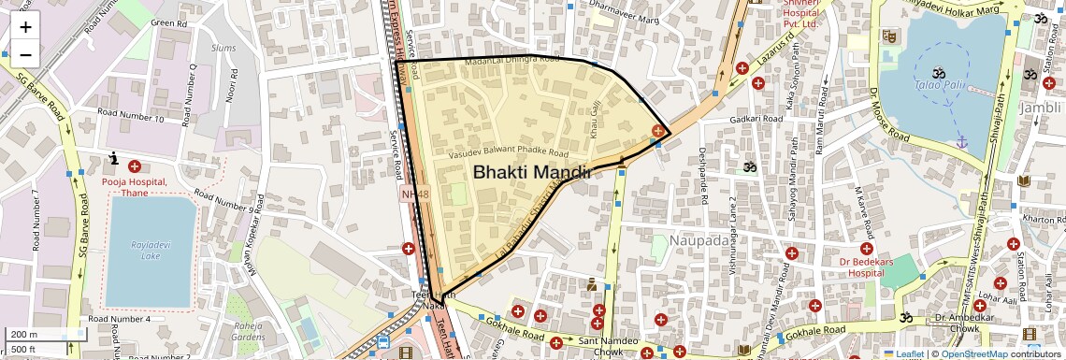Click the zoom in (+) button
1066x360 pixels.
tap(25, 27)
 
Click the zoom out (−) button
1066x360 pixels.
tap(25, 54)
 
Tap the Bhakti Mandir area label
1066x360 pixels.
tap(531, 172)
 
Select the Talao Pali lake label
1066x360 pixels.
tap(940, 85)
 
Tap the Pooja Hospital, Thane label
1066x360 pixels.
tap(135, 187)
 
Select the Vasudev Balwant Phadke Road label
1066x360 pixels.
tap(509, 152)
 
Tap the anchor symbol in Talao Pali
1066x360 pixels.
tap(960, 141)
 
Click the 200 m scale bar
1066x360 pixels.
tap(34, 335)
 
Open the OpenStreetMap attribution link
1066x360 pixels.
tap(973, 354)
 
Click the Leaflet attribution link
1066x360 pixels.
tap(903, 354)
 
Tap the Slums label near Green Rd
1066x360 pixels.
tap(223, 47)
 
